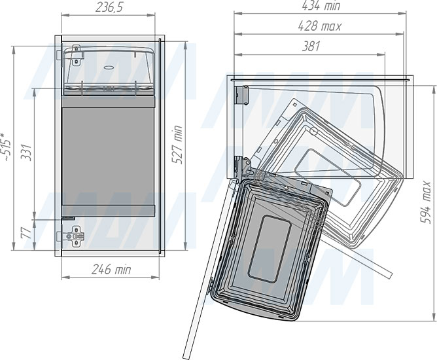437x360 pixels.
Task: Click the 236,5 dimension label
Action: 109,8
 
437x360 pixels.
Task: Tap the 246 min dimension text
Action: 111,270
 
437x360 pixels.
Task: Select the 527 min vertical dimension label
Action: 178,145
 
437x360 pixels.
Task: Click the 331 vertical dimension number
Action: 26,153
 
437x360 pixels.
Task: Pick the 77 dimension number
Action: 26,233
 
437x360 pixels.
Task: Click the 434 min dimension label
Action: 321,6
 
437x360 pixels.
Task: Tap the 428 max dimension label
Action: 319,26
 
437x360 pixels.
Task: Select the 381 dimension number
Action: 311,46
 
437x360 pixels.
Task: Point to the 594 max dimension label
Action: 426,202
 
